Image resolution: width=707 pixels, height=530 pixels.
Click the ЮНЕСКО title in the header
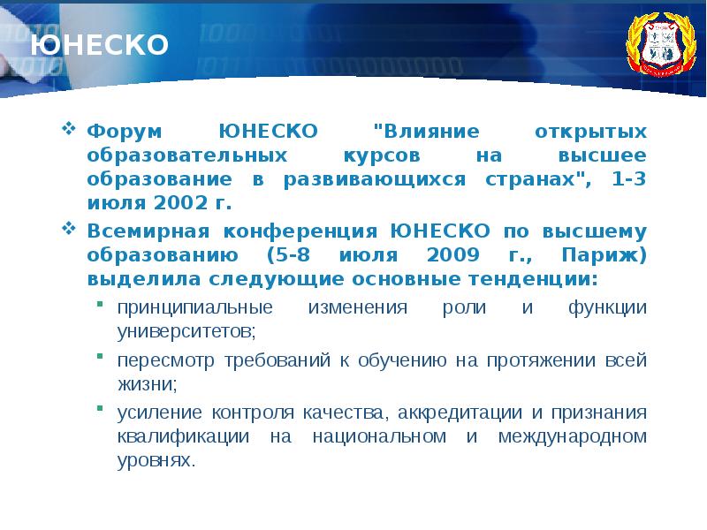click(99, 44)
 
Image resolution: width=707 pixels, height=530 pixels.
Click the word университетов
click(186, 332)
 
